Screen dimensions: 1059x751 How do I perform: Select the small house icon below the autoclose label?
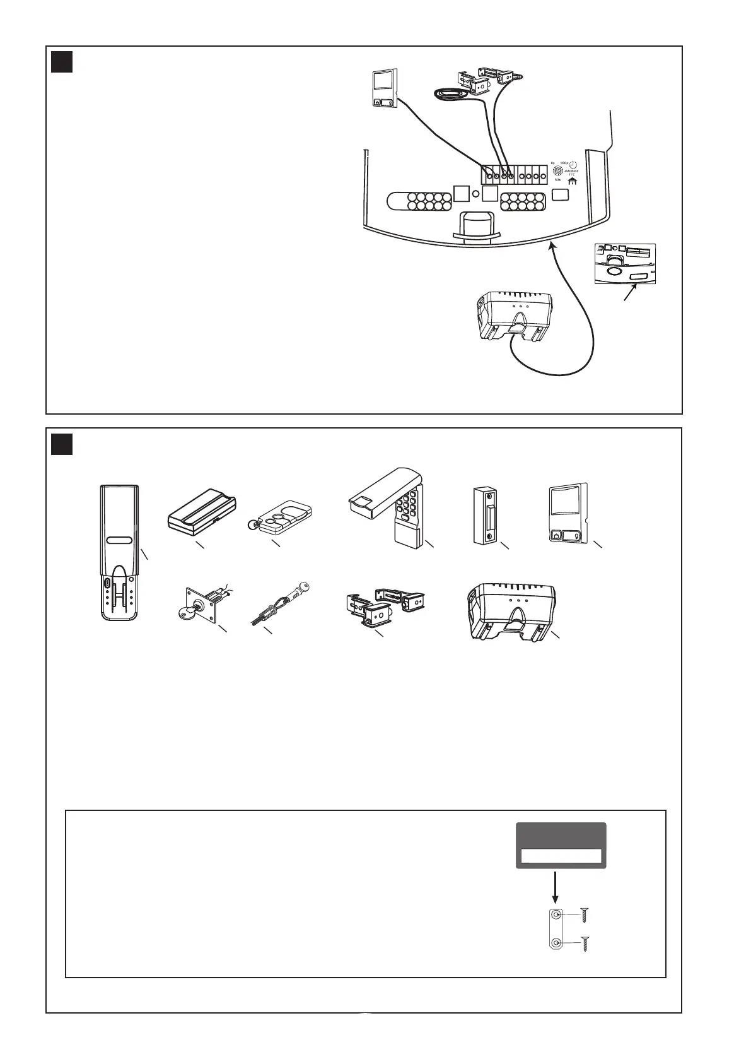[573, 181]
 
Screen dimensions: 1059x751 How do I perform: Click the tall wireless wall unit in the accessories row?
[119, 552]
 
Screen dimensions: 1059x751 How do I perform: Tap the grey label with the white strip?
[561, 846]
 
